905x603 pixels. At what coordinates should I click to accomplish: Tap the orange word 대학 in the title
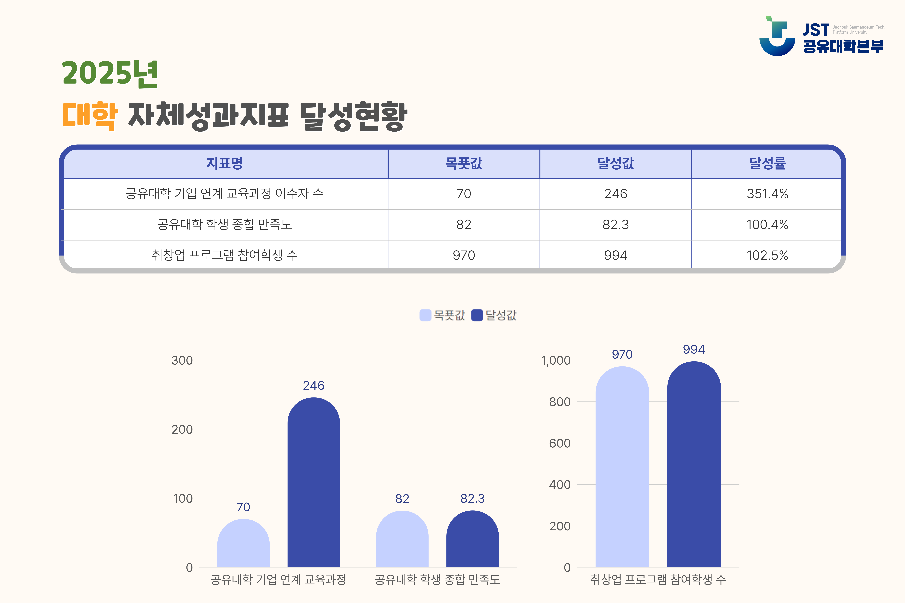[90, 115]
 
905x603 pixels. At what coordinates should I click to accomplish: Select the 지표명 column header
[225, 163]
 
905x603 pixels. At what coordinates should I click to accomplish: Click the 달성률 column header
[767, 163]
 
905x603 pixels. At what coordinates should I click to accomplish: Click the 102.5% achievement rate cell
[767, 255]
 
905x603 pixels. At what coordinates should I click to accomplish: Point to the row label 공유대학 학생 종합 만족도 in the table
[225, 224]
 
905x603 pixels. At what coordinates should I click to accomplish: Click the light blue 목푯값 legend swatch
[425, 315]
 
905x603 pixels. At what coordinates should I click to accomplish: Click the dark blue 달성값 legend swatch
[477, 315]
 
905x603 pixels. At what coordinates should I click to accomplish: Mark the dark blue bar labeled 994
[694, 464]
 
